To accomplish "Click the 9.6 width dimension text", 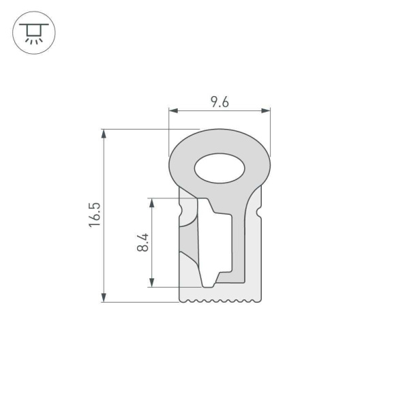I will click(219, 102).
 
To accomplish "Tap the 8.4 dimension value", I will click(142, 243).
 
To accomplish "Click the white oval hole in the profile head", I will click(219, 168).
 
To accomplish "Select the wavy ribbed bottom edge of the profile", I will click(219, 299).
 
